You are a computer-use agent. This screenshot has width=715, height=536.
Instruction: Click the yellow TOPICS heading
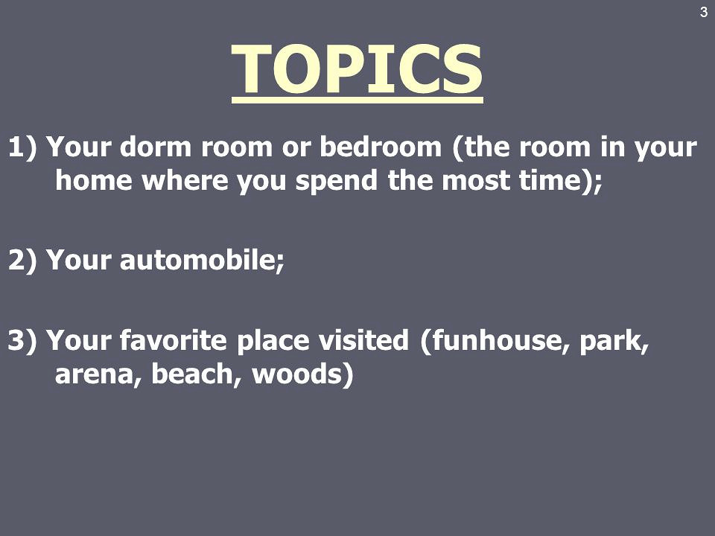[x=357, y=68]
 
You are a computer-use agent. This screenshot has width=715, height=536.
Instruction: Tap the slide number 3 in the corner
[x=704, y=13]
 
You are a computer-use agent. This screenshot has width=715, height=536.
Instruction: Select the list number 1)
[x=22, y=147]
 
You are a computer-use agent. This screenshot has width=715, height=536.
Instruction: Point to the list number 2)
[x=22, y=261]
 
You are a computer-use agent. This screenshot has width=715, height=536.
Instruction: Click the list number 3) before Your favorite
[x=22, y=340]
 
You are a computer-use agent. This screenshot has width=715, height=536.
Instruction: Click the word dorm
[x=156, y=147]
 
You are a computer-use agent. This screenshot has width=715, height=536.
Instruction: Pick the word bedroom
[x=381, y=147]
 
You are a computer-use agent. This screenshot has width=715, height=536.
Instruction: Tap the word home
[x=94, y=180]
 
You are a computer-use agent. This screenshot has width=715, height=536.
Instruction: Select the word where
[x=185, y=180]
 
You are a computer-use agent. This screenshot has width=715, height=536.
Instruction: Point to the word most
[x=475, y=181]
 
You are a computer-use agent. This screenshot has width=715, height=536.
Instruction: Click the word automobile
[x=200, y=260]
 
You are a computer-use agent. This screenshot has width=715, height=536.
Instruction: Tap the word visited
[x=363, y=340]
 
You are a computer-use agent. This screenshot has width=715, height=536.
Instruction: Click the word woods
[x=297, y=374]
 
